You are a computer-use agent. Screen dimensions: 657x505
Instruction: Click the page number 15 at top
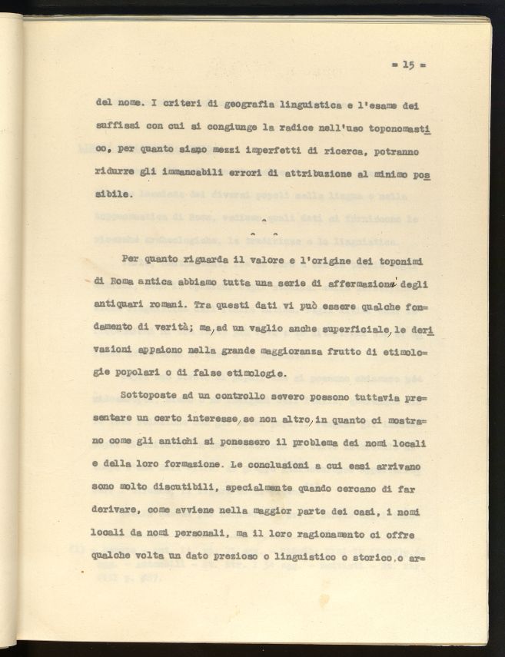pos(407,65)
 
